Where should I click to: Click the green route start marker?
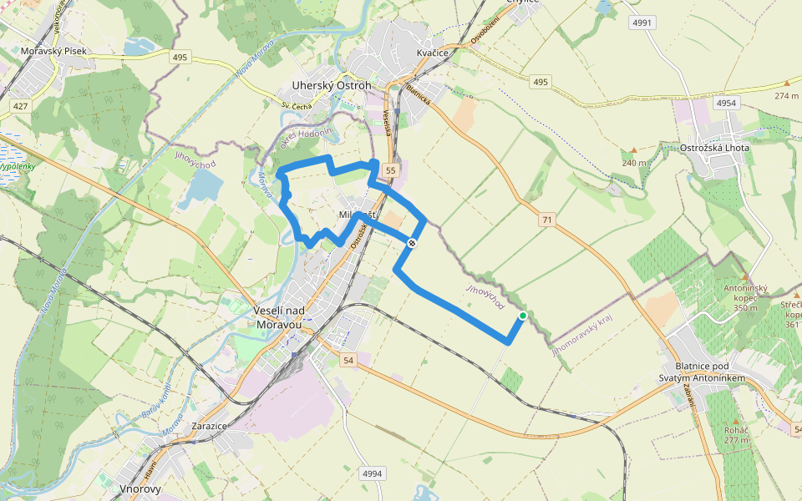click(x=523, y=316)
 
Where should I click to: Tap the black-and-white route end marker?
click(x=412, y=243)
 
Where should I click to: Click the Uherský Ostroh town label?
click(x=332, y=86)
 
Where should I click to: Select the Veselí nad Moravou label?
click(x=283, y=316)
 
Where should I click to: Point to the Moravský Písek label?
click(x=53, y=52)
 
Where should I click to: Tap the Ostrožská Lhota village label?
click(x=718, y=149)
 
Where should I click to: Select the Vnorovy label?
click(x=140, y=488)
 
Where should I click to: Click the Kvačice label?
click(x=433, y=53)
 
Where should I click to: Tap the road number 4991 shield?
click(x=642, y=23)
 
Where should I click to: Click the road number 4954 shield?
click(x=727, y=102)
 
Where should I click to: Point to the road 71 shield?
click(x=547, y=220)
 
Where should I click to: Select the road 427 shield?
click(x=21, y=106)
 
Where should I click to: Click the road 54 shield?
click(x=349, y=359)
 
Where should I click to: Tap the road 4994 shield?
click(x=372, y=473)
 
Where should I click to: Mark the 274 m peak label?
click(x=786, y=95)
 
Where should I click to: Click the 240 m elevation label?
click(x=633, y=162)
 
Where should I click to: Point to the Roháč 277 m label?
click(x=736, y=434)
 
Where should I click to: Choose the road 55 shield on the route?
click(x=389, y=170)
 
